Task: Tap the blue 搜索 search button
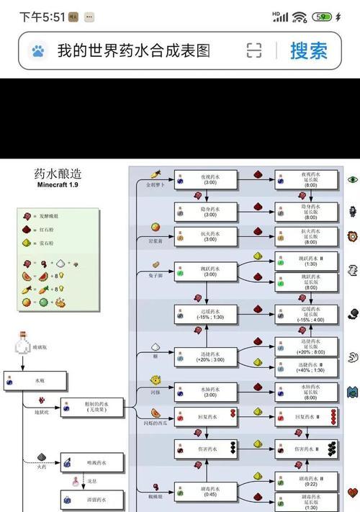(309, 50)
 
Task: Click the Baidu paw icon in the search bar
(38, 50)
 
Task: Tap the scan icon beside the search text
(254, 50)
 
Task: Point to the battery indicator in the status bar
(323, 17)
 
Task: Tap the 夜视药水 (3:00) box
(205, 179)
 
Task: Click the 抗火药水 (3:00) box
(205, 237)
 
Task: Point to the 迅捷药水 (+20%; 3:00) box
(205, 356)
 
